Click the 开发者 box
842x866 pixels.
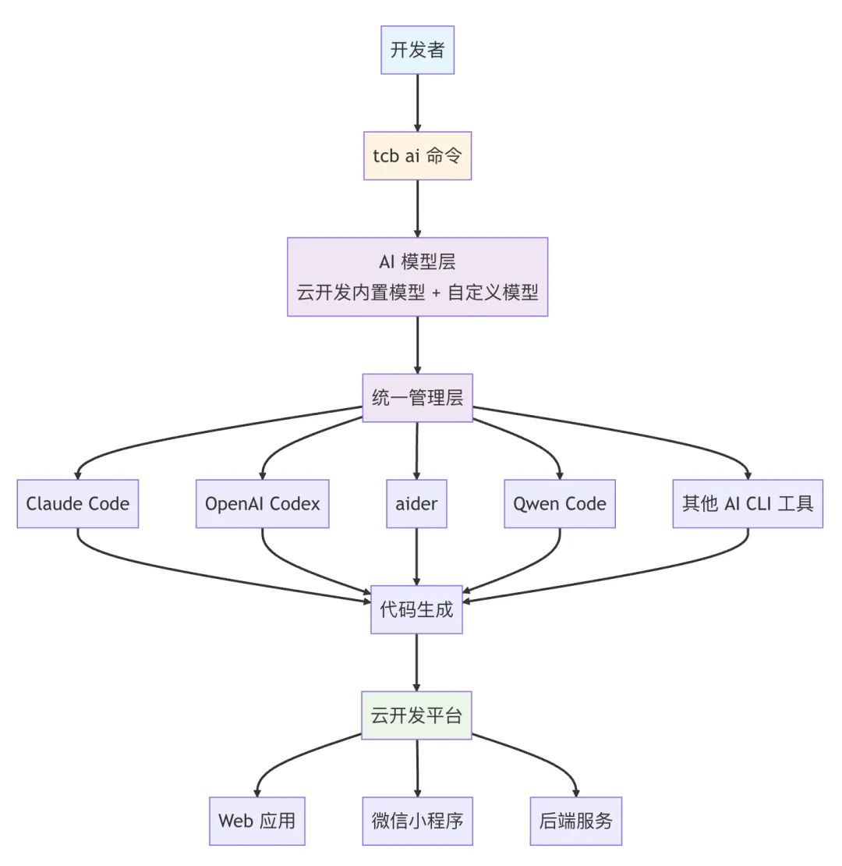click(x=417, y=50)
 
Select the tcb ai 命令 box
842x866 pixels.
click(x=417, y=156)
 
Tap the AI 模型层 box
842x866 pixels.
click(x=417, y=277)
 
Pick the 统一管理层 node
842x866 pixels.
click(x=417, y=398)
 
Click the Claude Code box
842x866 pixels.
click(x=78, y=504)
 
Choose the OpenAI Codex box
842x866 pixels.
click(x=262, y=504)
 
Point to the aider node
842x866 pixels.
click(x=416, y=504)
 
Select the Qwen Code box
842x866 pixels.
click(x=560, y=504)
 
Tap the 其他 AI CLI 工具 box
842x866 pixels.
click(x=748, y=504)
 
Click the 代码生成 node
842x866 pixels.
click(x=416, y=609)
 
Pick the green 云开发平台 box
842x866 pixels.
click(x=416, y=715)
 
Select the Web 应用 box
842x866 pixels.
click(x=257, y=821)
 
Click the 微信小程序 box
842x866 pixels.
click(x=417, y=821)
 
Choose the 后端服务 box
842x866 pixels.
click(x=576, y=821)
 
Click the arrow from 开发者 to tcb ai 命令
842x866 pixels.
click(x=417, y=103)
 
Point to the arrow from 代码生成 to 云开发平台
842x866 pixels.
click(x=416, y=662)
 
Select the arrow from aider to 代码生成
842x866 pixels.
click(x=416, y=557)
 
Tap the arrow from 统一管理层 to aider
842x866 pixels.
click(x=416, y=451)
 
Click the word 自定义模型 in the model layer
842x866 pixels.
click(x=493, y=292)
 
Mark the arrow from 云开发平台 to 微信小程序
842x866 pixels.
click(x=417, y=768)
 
